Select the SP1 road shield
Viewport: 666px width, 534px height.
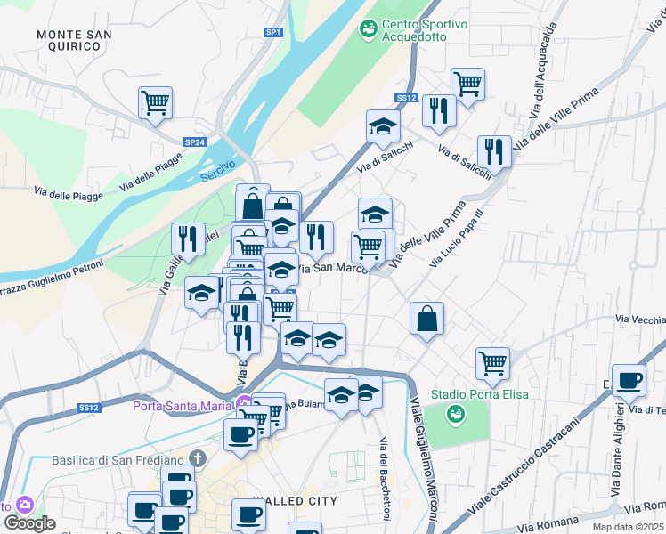pos(273,32)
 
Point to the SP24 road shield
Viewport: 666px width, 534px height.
pos(195,142)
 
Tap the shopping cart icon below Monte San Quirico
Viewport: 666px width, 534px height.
pos(155,102)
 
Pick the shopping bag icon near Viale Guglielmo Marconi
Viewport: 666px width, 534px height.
pos(427,318)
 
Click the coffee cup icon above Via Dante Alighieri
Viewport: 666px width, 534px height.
pos(629,380)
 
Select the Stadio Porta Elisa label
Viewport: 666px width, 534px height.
pos(480,394)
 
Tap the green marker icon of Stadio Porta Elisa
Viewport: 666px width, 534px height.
pos(456,413)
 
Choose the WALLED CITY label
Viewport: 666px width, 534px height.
pos(295,501)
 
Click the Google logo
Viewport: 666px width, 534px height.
pos(29,523)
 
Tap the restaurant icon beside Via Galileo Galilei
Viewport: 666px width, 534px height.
pos(187,238)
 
